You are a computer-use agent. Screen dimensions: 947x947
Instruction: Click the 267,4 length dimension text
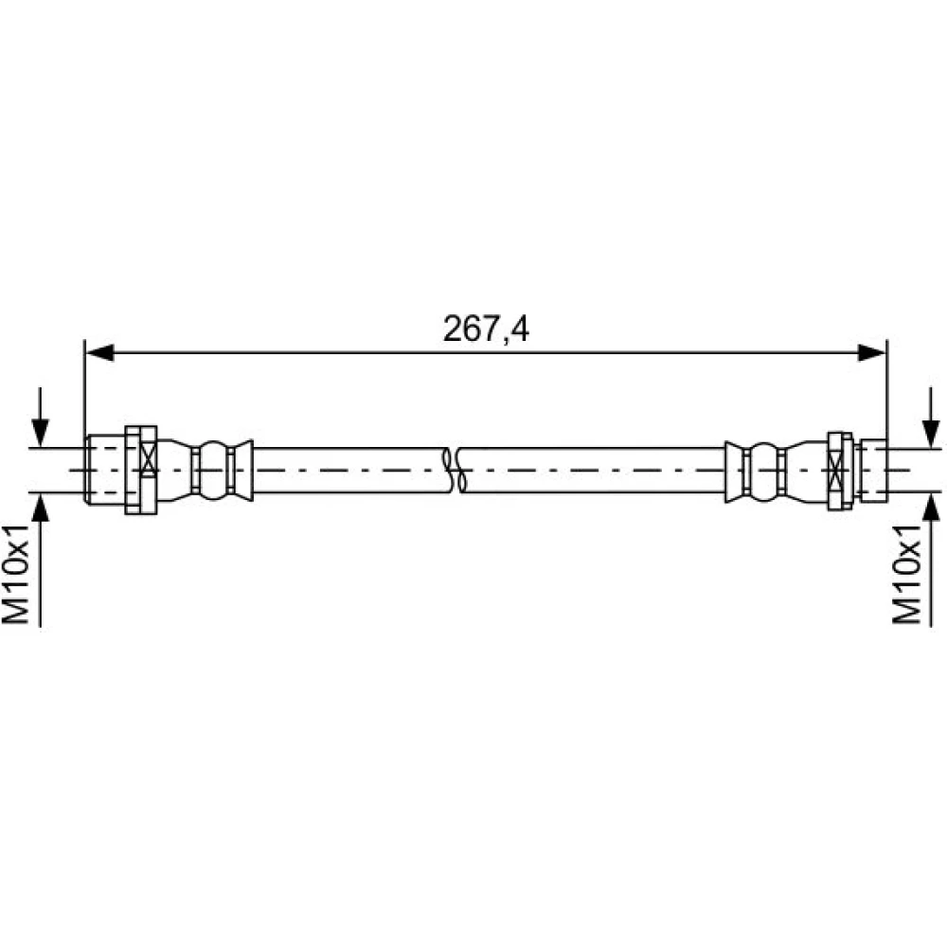[486, 330]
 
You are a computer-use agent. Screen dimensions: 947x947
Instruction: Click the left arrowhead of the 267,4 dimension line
[99, 352]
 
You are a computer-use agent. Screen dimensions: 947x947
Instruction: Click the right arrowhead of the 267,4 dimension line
[871, 352]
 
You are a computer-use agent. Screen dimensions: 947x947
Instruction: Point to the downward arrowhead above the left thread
[40, 434]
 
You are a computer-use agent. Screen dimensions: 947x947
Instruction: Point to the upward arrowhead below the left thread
[40, 508]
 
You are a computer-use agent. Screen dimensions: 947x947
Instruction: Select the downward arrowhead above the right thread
[932, 434]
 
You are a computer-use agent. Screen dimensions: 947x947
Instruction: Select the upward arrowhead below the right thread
[932, 508]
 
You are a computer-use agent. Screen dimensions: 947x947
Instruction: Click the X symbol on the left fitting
[148, 471]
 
